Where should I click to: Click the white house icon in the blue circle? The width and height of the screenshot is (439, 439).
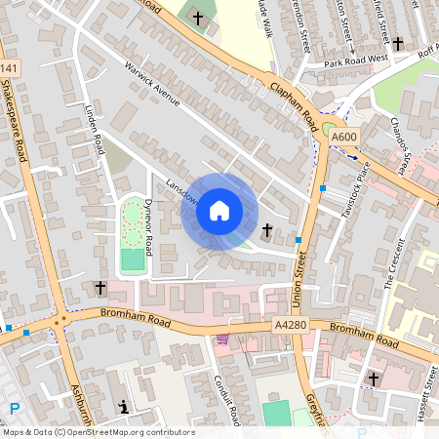tap(219, 211)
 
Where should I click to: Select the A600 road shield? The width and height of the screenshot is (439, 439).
tap(344, 139)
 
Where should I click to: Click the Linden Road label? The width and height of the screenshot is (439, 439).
tap(95, 131)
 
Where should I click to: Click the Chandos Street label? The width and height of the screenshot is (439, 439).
tap(398, 147)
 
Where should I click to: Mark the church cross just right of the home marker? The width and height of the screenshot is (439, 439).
tap(267, 229)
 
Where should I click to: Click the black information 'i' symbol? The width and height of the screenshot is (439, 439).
tap(123, 406)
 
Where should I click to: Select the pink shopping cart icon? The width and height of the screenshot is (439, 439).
tap(223, 339)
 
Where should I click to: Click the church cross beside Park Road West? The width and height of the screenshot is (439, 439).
tap(398, 43)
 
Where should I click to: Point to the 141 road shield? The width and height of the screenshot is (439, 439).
tap(9, 67)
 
